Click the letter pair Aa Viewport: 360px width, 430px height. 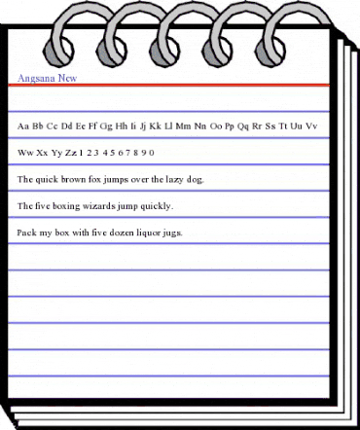coord(23,126)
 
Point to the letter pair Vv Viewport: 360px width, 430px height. coord(310,126)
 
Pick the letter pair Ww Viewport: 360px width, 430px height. coord(26,153)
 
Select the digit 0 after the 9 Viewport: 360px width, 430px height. coord(152,153)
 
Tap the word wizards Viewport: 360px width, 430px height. coord(104,206)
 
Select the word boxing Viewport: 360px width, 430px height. coord(67,207)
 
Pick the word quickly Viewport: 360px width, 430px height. coord(157,207)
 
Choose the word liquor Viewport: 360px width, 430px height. coord(144,234)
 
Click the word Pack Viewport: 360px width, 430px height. coord(26,233)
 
